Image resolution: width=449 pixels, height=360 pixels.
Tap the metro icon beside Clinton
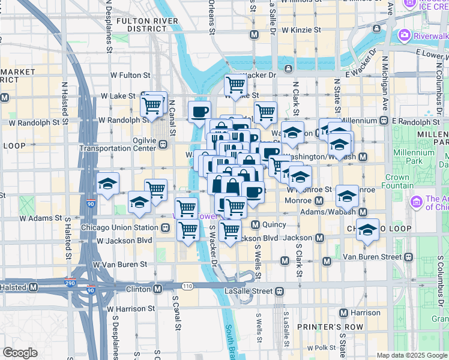(x=157, y=289)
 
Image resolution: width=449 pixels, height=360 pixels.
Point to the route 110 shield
(x=188, y=286)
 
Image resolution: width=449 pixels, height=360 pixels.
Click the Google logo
(x=20, y=353)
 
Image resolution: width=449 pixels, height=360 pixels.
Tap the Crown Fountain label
(x=397, y=181)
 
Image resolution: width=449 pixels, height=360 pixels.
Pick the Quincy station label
(x=273, y=225)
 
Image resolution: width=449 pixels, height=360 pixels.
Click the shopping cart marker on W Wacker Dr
(x=235, y=84)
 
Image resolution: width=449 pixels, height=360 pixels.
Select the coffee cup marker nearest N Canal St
(x=199, y=110)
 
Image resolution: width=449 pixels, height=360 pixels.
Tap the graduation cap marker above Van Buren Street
(x=367, y=229)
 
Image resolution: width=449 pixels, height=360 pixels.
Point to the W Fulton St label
(x=129, y=76)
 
